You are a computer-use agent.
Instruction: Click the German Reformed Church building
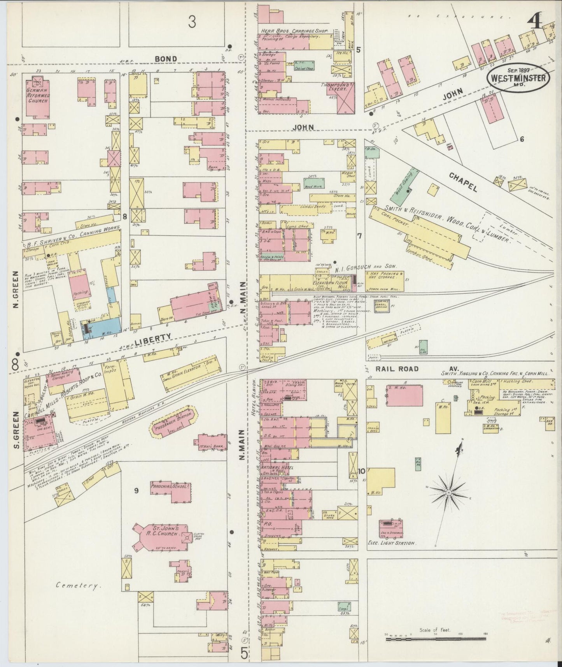click(x=37, y=97)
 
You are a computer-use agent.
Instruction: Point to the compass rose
click(x=449, y=492)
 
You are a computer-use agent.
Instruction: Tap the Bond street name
click(x=166, y=59)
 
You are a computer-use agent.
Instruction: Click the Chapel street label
click(x=464, y=181)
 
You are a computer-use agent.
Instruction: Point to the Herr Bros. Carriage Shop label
click(x=294, y=30)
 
